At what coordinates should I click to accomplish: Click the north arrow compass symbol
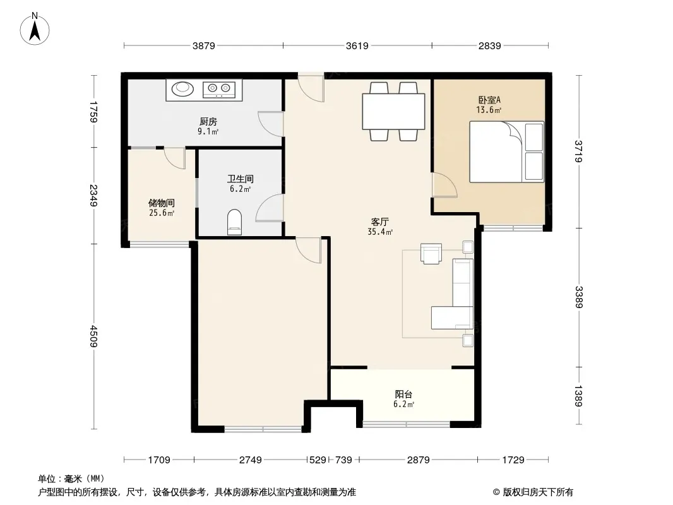[x=35, y=29]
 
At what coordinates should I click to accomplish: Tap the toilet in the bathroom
[x=234, y=222]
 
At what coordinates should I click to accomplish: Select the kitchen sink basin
[x=183, y=88]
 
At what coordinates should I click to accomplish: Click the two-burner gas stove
[x=219, y=89]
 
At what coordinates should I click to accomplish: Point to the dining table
[x=393, y=111]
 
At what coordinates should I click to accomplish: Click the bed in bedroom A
[x=506, y=152]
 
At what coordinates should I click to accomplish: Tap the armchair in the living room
[x=431, y=253]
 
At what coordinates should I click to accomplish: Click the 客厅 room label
[x=380, y=222]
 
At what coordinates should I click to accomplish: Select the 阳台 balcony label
[x=403, y=394]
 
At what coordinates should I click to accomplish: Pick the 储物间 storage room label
[x=162, y=203]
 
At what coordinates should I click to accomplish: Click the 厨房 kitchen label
[x=208, y=121]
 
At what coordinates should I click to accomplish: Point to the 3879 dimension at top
[x=203, y=45]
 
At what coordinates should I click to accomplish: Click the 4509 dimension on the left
[x=94, y=336]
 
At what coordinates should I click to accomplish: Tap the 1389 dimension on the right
[x=578, y=396]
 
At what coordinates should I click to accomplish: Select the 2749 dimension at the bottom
[x=250, y=460]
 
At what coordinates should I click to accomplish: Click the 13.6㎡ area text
[x=489, y=110]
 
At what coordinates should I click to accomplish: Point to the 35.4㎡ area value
[x=380, y=232]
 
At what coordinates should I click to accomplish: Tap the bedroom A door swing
[x=444, y=185]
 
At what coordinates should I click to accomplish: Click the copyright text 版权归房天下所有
[x=537, y=492]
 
